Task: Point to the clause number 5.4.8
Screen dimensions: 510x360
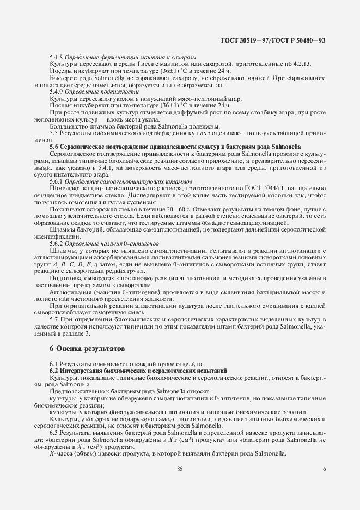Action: point(57,58)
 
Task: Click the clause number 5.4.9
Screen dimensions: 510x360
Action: point(57,93)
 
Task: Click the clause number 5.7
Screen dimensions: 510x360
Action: point(54,318)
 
